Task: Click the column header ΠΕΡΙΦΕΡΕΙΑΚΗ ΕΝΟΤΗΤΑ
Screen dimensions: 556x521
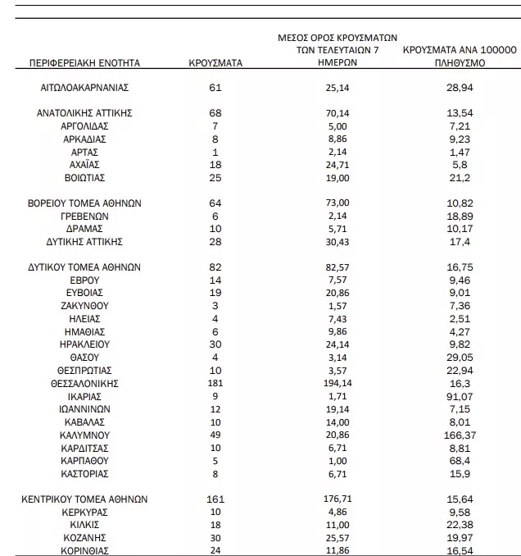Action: click(85, 62)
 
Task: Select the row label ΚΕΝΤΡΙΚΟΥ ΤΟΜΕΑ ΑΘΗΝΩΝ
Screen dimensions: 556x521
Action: click(85, 499)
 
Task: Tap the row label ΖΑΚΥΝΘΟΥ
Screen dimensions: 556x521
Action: click(85, 305)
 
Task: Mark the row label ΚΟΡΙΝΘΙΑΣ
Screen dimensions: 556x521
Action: click(85, 550)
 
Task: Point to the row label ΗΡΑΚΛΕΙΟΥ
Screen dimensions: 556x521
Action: click(85, 344)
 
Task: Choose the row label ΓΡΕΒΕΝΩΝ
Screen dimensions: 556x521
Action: click(85, 216)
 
